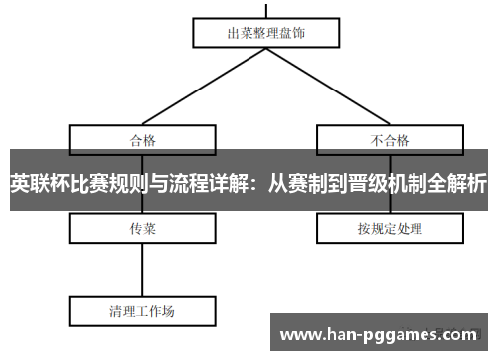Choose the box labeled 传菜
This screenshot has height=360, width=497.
(x=143, y=228)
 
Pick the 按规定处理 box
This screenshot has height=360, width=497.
(x=390, y=228)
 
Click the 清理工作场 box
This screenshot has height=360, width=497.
(x=142, y=310)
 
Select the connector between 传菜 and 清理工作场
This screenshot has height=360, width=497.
(x=143, y=270)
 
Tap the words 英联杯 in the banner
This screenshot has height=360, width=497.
(x=36, y=183)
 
